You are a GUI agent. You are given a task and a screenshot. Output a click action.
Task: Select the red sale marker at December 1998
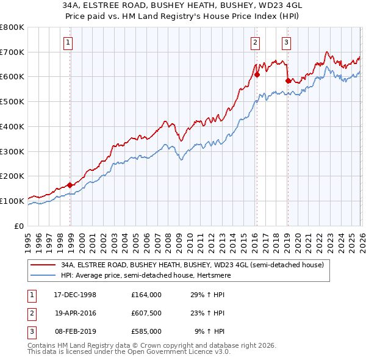[70, 185]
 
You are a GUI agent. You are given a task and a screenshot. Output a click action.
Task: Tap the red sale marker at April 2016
[257, 75]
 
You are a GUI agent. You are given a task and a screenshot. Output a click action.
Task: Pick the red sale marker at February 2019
[288, 80]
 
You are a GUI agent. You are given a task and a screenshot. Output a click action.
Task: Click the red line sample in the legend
[44, 265]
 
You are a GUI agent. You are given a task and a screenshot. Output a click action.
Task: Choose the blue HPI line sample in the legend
[44, 275]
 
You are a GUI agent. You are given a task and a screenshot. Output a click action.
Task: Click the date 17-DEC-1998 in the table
[71, 295]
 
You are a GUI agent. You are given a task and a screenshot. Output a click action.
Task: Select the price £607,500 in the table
[146, 313]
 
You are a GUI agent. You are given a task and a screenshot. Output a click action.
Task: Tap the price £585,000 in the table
[146, 331]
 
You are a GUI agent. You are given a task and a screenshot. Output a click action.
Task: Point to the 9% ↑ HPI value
[209, 331]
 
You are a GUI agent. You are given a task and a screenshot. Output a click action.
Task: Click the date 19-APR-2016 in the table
[71, 313]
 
